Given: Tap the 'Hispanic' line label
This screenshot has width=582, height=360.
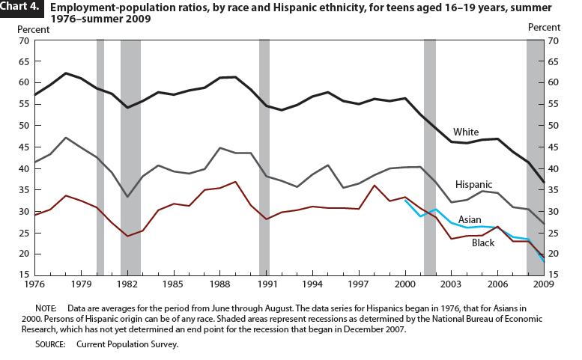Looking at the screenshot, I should (473, 183).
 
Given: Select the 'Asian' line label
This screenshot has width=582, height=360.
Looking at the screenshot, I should (470, 219).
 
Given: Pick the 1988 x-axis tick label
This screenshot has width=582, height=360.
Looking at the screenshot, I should (219, 285).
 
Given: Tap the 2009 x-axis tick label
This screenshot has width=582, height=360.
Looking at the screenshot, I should (542, 285).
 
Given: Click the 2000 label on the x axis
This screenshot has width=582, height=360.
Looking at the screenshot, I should (404, 285).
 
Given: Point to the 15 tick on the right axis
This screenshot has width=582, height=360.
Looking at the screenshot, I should (556, 275).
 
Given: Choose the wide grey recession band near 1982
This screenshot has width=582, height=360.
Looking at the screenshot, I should (130, 157).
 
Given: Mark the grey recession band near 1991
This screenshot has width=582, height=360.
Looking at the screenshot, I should (264, 157).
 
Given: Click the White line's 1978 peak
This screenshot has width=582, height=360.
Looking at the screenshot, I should (66, 73).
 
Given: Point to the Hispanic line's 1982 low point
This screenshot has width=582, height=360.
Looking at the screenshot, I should (127, 197).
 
